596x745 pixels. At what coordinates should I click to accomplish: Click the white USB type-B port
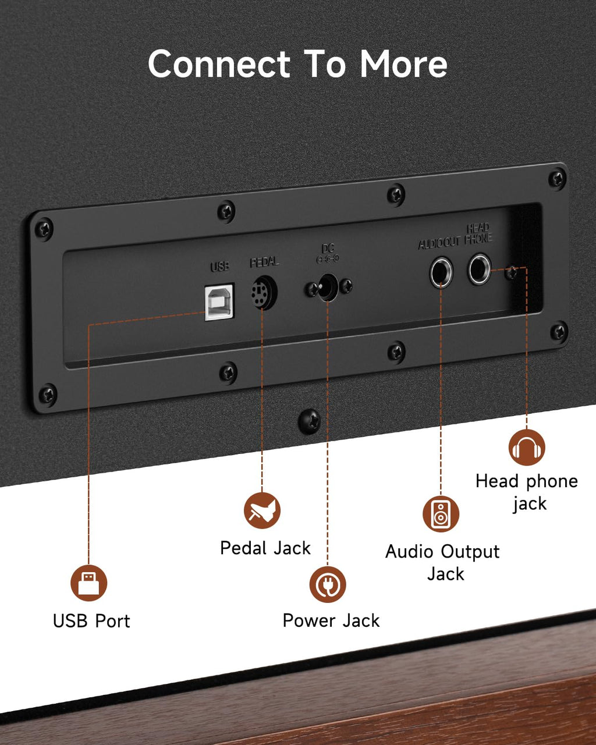point(219,302)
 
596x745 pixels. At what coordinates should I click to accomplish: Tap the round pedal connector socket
point(264,292)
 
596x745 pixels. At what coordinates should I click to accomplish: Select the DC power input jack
point(328,287)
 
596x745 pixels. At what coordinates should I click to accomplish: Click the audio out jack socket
point(441,272)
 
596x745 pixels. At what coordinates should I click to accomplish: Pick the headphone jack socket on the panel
point(480,269)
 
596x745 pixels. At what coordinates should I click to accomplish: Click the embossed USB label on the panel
point(219,266)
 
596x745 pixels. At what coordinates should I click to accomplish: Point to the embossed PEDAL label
point(264,262)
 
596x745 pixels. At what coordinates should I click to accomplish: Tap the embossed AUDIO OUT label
point(439,243)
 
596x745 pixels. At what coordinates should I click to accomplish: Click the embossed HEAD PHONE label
point(478,233)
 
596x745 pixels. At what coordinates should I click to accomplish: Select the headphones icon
point(527,447)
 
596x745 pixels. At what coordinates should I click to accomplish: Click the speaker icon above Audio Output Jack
point(441,514)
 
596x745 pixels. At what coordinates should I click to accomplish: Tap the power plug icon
point(328,584)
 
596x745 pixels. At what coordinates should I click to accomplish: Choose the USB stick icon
point(88,583)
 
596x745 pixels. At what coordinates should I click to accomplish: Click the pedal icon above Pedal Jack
point(262,510)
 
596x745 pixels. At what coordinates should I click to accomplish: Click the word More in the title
point(404,64)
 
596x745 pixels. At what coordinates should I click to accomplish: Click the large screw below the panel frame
point(309,421)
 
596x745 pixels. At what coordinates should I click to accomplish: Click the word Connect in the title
point(219,64)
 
